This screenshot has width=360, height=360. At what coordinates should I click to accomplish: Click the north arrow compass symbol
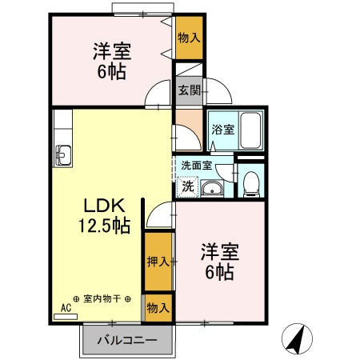point(296,340)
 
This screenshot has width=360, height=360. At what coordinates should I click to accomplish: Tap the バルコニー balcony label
point(126,340)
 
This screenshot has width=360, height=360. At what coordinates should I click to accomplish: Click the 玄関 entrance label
point(190,90)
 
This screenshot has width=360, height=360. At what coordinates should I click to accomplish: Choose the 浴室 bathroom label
point(222,130)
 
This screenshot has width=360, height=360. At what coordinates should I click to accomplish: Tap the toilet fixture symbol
point(250,183)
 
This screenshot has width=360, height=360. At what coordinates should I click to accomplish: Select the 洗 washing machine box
point(186,187)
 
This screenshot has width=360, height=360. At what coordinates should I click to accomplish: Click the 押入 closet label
point(158,261)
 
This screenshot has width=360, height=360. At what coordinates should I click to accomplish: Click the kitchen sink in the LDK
point(63,153)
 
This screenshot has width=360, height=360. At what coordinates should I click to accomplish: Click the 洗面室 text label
point(196,166)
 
